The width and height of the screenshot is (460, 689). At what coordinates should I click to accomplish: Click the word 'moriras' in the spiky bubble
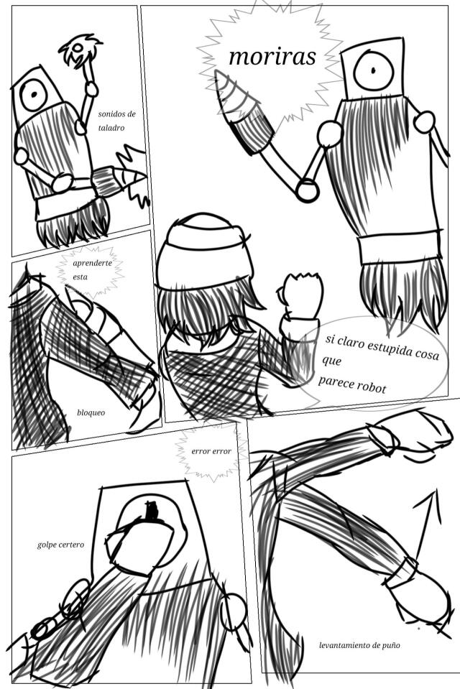[272, 57]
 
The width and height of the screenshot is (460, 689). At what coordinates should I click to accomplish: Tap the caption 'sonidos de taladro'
[116, 121]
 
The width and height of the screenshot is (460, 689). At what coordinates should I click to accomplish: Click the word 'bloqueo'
[91, 412]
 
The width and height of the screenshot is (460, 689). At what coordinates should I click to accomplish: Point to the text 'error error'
[211, 451]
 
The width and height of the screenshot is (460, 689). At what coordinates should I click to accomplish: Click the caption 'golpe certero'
[60, 545]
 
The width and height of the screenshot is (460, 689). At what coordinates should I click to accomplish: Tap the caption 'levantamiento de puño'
[359, 645]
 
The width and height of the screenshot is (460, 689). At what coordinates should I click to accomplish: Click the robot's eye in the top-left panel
[34, 94]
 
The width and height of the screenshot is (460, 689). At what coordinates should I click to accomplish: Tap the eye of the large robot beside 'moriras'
[373, 70]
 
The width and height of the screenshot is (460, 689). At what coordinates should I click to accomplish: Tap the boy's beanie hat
[205, 251]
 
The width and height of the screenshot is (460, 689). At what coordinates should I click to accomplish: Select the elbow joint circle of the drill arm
[307, 190]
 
